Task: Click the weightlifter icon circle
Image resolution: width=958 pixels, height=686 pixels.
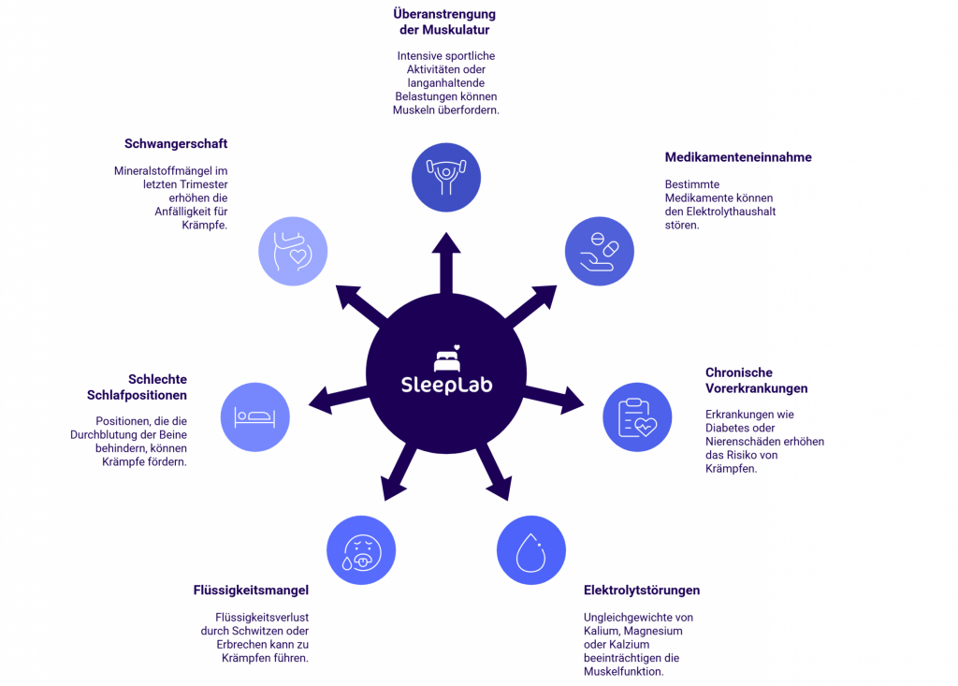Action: [446, 177]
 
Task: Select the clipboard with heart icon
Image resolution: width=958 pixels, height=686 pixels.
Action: [637, 417]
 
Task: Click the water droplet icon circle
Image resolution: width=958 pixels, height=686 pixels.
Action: [530, 550]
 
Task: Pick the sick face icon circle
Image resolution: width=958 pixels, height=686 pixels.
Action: [361, 550]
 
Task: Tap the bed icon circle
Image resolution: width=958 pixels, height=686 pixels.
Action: [254, 416]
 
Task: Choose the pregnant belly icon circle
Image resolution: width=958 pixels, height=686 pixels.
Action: [292, 252]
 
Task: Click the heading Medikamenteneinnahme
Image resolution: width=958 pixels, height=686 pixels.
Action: [738, 157]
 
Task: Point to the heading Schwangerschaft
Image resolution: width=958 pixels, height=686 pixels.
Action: [176, 144]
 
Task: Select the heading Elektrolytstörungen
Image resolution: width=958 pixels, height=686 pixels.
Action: [642, 591]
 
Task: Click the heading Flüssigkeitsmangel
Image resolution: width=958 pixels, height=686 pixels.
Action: [251, 591]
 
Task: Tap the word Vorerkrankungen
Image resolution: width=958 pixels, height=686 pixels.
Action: [756, 388]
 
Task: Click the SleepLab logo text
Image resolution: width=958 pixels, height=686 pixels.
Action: [446, 385]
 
